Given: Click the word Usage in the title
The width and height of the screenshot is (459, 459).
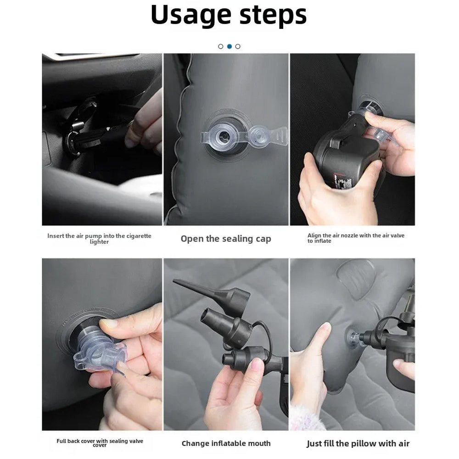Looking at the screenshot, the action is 191,16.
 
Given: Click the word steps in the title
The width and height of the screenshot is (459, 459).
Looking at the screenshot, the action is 273,16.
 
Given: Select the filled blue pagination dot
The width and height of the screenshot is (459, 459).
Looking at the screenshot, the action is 229,46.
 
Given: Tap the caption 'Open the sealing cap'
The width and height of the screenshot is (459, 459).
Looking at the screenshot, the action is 226,239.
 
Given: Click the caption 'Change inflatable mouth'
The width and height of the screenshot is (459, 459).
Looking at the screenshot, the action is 226,443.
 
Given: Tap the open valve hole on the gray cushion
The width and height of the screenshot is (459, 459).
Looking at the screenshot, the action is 224,136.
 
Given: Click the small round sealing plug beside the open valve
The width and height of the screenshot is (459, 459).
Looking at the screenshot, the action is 259,136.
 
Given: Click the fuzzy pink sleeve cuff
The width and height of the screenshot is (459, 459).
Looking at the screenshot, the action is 308,417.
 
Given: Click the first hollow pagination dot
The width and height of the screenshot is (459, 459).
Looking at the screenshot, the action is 221,46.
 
